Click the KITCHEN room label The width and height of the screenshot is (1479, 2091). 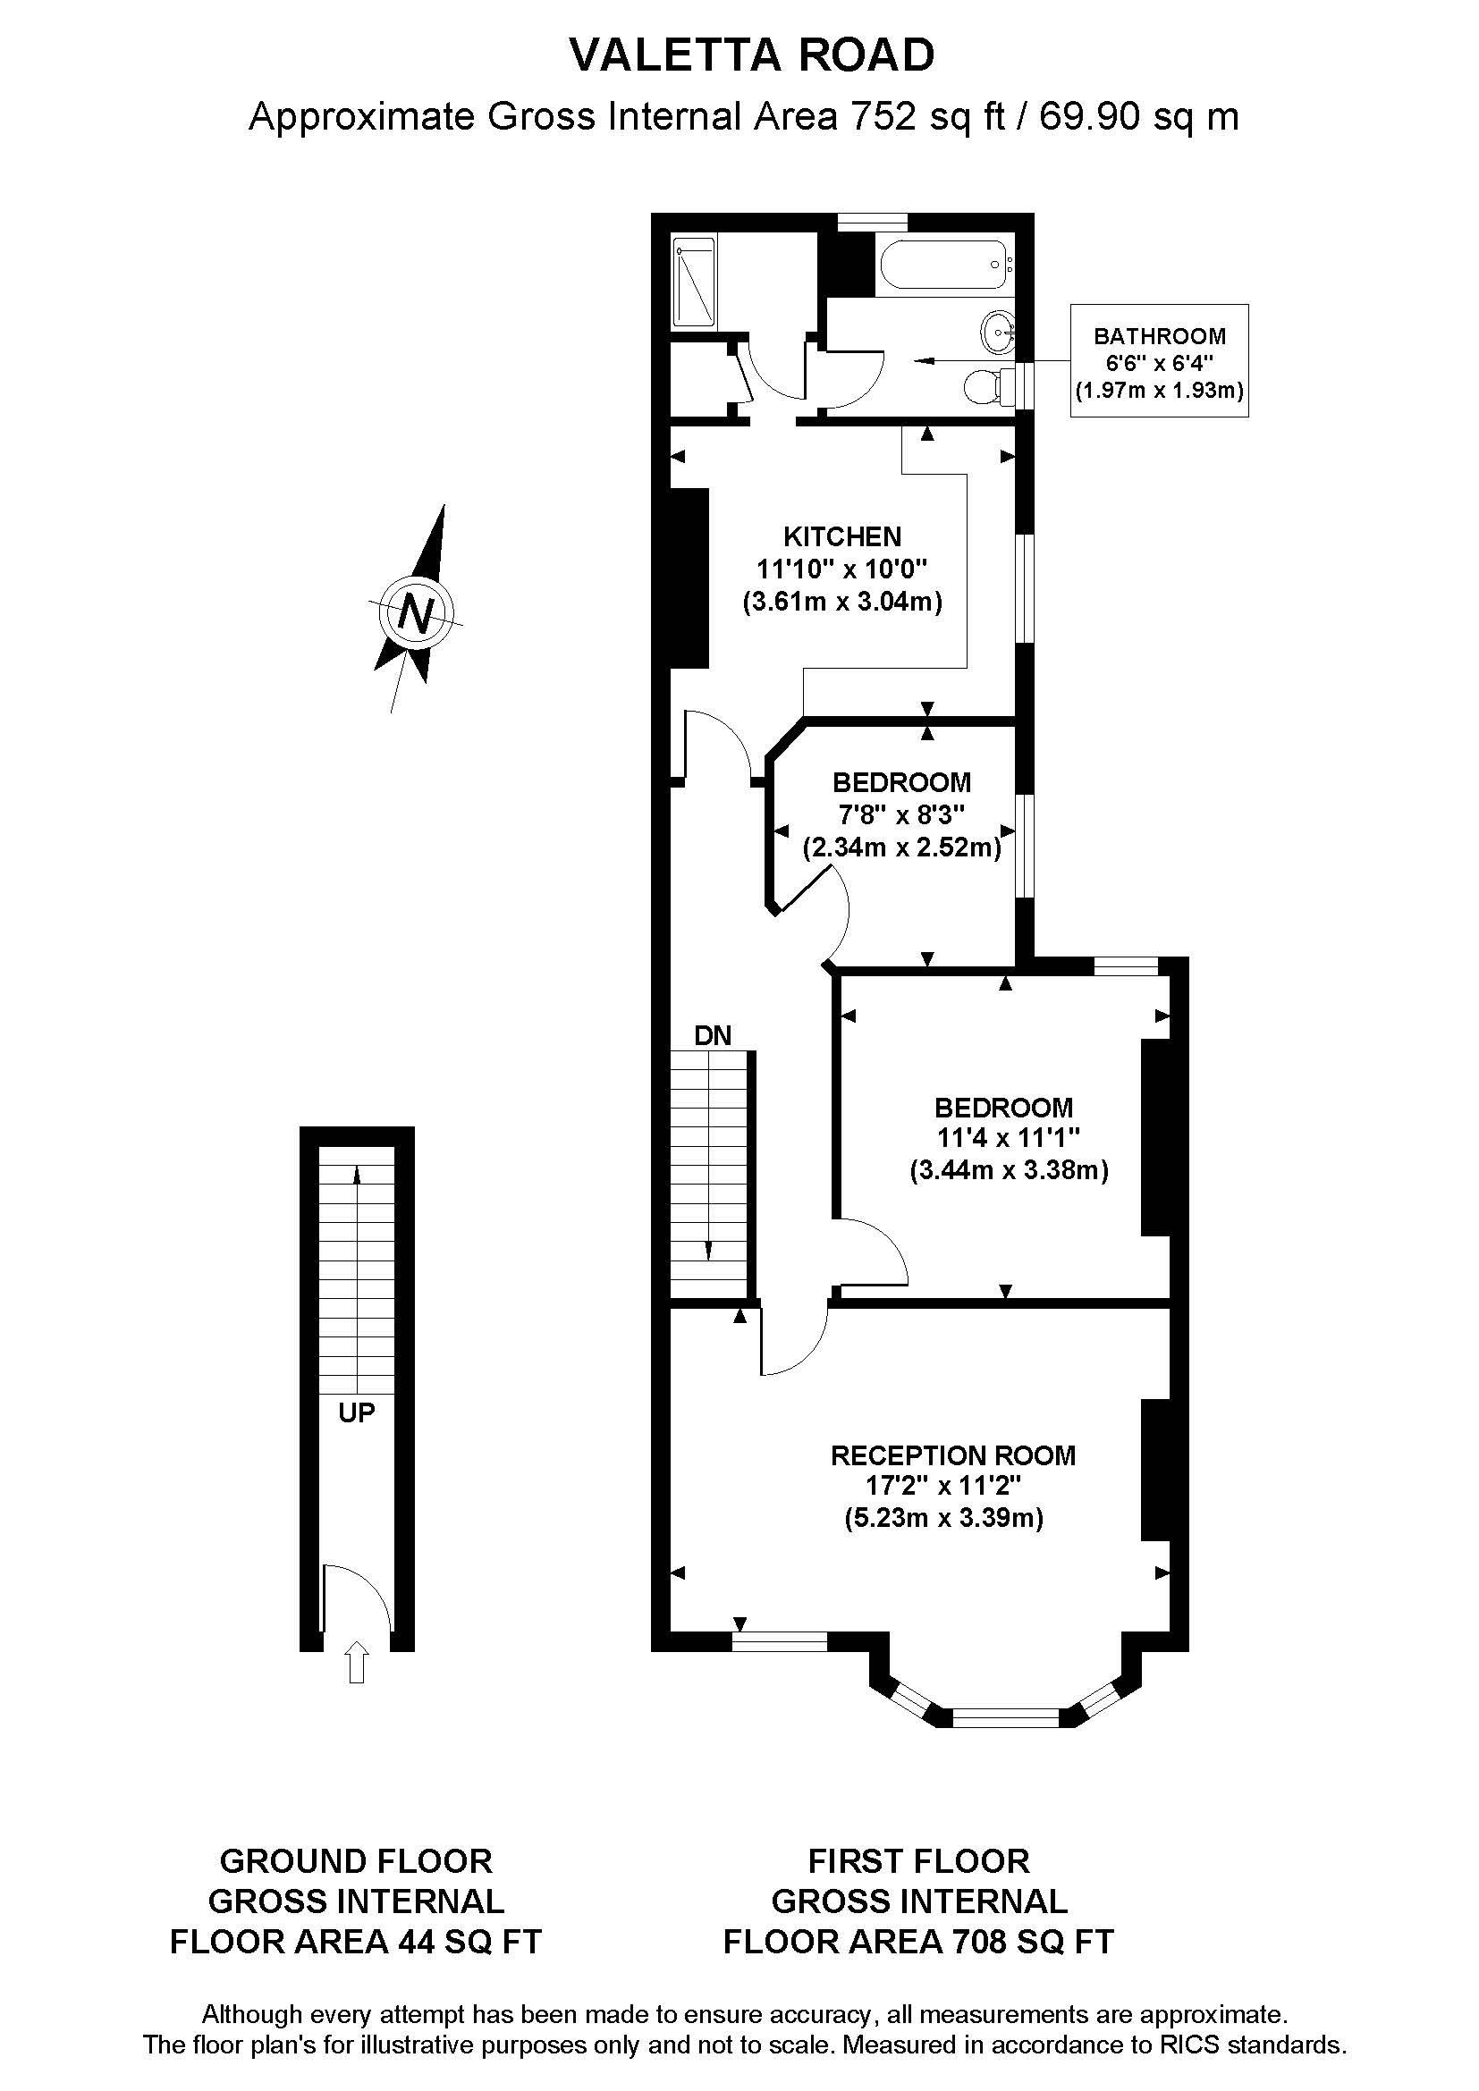coord(842,536)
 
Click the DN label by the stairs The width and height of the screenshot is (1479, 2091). coord(712,1035)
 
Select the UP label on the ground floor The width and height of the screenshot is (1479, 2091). coord(356,1412)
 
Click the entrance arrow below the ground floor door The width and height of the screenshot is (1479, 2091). coord(357,1662)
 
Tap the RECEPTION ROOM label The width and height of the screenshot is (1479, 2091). coord(952,1455)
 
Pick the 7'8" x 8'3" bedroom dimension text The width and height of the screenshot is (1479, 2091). coord(900,814)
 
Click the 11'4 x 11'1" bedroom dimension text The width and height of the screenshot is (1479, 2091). coord(1008,1138)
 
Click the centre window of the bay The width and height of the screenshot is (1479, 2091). coord(1005,1718)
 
